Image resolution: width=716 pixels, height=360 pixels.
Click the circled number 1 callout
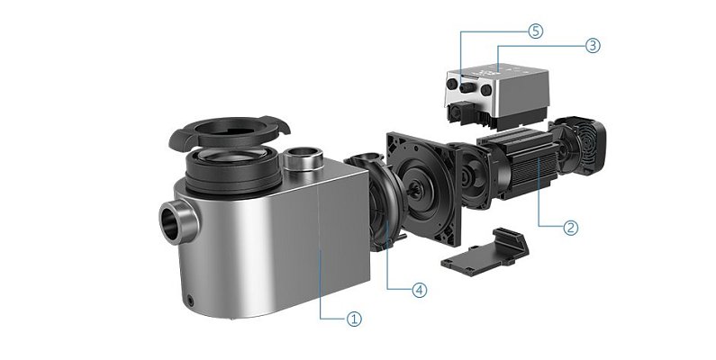[354, 319]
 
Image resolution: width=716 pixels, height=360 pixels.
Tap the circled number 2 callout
[570, 228]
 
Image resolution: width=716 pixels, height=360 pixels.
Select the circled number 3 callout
[592, 44]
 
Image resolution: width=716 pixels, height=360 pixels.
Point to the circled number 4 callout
[418, 290]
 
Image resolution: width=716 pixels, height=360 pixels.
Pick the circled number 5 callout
[535, 31]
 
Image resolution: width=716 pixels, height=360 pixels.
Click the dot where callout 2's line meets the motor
[538, 163]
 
